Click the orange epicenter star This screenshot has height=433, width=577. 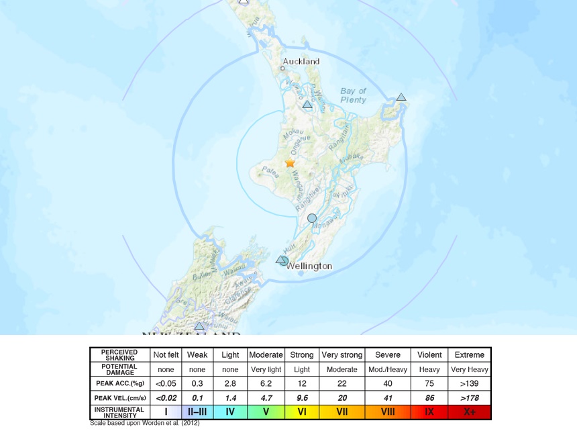(x=290, y=163)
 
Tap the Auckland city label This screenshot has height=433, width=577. (x=301, y=62)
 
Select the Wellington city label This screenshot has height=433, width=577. (x=309, y=267)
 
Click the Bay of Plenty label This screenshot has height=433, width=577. (x=353, y=95)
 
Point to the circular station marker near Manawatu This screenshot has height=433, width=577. (x=312, y=218)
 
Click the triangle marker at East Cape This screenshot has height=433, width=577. (x=401, y=97)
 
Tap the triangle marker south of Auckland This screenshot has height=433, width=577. (x=307, y=105)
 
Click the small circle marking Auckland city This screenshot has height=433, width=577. (x=282, y=68)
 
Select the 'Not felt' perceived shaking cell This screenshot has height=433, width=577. (x=166, y=355)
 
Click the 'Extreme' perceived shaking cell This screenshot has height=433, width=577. (x=469, y=355)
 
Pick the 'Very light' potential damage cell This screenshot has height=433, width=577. (x=266, y=370)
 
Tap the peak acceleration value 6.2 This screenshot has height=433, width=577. (x=266, y=384)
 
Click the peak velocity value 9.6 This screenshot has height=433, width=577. (x=302, y=398)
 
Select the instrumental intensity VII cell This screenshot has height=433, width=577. (x=342, y=412)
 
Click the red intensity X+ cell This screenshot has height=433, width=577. (x=469, y=412)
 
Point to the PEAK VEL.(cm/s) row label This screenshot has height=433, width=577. (x=119, y=398)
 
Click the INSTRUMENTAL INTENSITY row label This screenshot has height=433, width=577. (x=119, y=412)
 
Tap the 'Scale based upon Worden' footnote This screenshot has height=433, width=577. (x=144, y=424)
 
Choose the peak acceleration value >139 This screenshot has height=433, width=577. (x=469, y=384)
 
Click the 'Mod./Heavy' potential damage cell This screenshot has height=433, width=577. (x=388, y=370)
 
